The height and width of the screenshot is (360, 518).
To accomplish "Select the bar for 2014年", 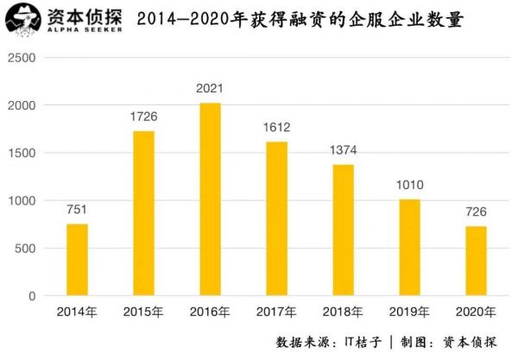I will pos(77,260).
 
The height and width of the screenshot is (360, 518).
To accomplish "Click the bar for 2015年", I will pos(143,213).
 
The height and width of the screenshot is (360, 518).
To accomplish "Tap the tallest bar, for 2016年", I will pos(210,199).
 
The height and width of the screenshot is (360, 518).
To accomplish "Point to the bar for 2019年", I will pos(409,248).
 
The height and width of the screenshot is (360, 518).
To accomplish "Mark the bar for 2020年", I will pos(476,261).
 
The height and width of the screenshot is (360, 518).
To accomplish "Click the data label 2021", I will pos(210,88).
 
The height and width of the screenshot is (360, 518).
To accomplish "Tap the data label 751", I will pos(77,210).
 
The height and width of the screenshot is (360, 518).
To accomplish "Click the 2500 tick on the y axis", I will pos(25,57).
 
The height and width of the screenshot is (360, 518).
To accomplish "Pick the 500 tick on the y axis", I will pos(28,249).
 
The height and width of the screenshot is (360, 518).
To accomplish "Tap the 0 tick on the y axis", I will pos(35,296).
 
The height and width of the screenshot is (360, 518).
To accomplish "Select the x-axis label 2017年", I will pos(276,312).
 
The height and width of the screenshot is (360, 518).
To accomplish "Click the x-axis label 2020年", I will pos(476,312).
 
